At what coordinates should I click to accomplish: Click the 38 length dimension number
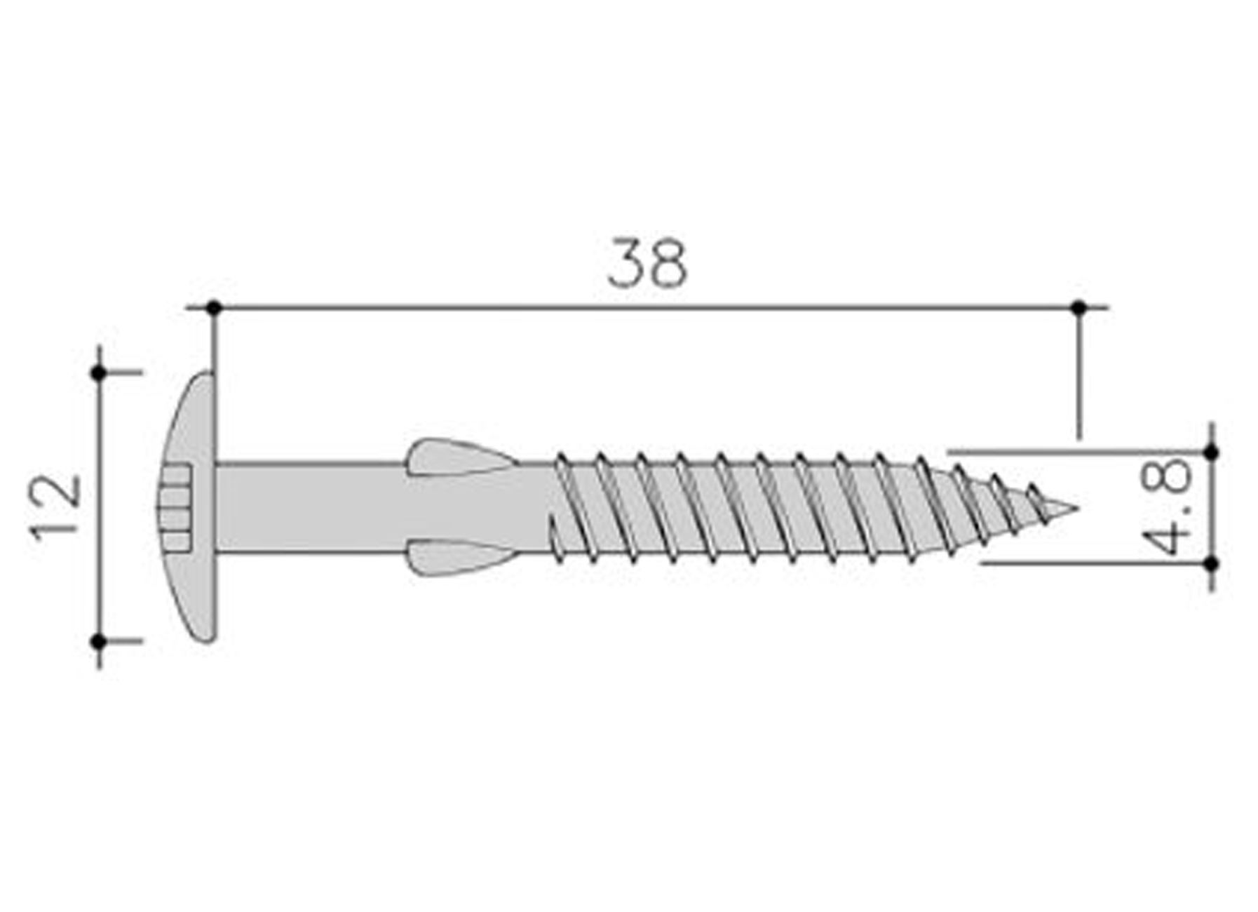click(647, 264)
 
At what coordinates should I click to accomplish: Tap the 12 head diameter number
click(56, 507)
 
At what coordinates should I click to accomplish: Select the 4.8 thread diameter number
click(1166, 507)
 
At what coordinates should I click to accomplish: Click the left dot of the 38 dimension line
click(214, 307)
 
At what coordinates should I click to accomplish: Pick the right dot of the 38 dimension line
click(1079, 307)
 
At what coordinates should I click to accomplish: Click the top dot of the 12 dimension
click(99, 373)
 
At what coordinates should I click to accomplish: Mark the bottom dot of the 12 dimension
click(99, 641)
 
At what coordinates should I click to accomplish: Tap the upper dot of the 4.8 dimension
click(1211, 452)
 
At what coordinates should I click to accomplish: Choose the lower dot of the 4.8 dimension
click(1211, 563)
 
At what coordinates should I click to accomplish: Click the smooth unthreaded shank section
click(309, 508)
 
